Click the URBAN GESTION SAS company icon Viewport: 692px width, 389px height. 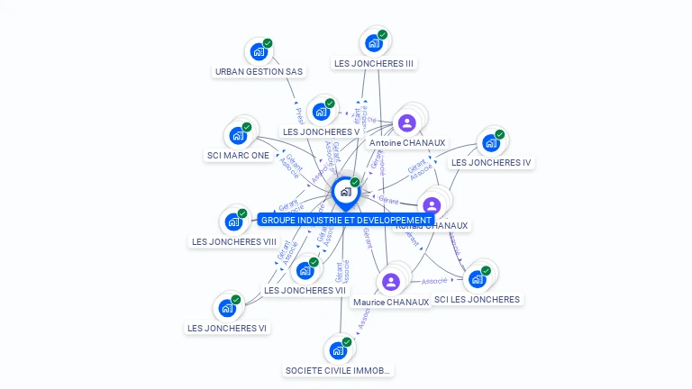pyautogui.click(x=259, y=51)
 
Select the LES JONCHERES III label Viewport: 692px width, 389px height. pyautogui.click(x=373, y=64)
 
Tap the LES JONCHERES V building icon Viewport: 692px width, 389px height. pyautogui.click(x=320, y=112)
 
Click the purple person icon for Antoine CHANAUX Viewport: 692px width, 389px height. pyautogui.click(x=406, y=122)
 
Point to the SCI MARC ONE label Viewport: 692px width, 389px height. pyautogui.click(x=238, y=156)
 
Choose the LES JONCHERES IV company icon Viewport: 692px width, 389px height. pyautogui.click(x=490, y=142)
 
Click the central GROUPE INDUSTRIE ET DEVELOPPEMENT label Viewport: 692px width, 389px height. pyautogui.click(x=346, y=220)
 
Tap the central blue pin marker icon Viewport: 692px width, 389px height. pyautogui.click(x=345, y=192)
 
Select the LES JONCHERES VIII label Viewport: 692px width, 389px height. pyautogui.click(x=233, y=242)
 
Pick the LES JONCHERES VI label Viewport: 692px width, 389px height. pyautogui.click(x=227, y=329)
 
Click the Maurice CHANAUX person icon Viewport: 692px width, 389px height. pyautogui.click(x=390, y=282)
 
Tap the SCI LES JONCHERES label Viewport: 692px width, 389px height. pyautogui.click(x=477, y=300)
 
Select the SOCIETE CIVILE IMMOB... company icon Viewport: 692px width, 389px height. pyautogui.click(x=337, y=349)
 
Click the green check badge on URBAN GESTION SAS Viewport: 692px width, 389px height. pyautogui.click(x=268, y=43)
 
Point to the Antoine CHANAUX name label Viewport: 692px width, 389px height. pyautogui.click(x=406, y=143)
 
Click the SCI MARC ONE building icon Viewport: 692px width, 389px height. pyautogui.click(x=238, y=135)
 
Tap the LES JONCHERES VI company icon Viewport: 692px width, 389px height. pyautogui.click(x=227, y=308)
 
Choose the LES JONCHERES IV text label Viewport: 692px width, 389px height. pyautogui.click(x=491, y=163)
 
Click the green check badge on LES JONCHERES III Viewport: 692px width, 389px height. pyautogui.click(x=382, y=34)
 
